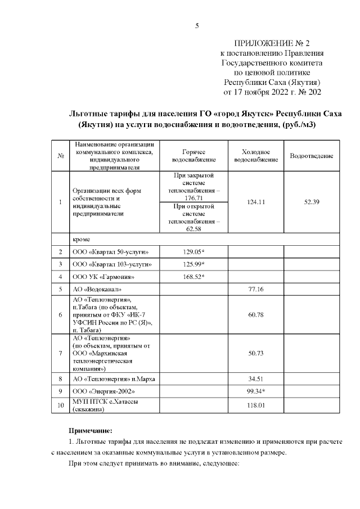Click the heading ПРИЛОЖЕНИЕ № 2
pos(272,43)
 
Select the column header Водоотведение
pos(311,156)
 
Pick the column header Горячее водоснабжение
pos(193,156)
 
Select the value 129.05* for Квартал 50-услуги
pos(193,252)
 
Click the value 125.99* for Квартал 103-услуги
pos(193,264)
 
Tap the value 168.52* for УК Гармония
pos(193,277)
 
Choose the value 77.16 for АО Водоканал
pos(256,289)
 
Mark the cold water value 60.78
pos(256,314)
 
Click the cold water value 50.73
pos(256,353)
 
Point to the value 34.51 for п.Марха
pos(256,379)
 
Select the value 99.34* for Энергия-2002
pos(256,391)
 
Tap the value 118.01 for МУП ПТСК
pos(256,405)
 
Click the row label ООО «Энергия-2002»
pos(104,391)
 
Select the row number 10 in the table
pos(60,405)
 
